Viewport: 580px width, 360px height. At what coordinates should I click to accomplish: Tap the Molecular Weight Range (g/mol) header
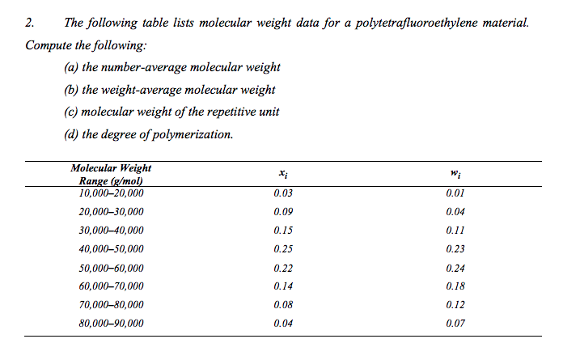(x=111, y=176)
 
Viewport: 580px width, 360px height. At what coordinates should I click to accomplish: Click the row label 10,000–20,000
(x=111, y=193)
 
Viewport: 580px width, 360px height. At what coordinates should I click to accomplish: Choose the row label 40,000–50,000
(x=111, y=248)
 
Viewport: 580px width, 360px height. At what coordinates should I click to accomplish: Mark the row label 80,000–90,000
(x=111, y=323)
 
